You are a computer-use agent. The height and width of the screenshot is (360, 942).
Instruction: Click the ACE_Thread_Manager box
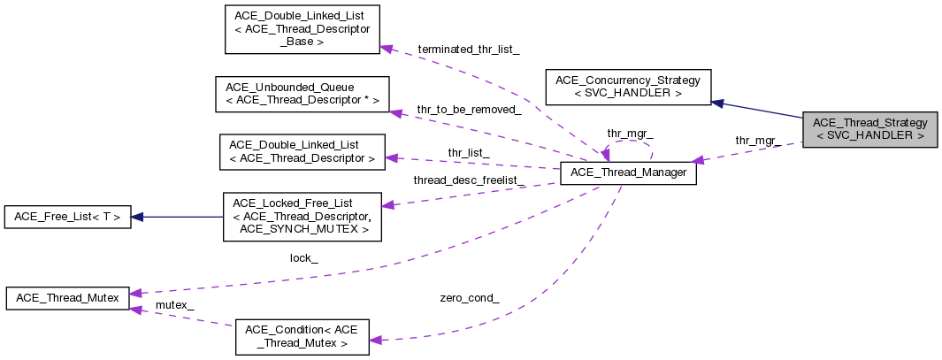click(x=629, y=172)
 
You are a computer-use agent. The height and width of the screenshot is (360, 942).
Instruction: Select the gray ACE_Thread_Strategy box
click(x=869, y=129)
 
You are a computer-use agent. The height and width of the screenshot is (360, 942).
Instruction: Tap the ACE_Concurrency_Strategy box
click(x=628, y=87)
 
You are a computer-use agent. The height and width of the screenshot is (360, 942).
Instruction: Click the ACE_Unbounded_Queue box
click(x=302, y=94)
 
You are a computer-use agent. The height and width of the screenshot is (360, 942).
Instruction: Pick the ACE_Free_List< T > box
click(x=67, y=216)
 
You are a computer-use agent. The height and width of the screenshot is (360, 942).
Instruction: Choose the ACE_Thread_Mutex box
click(x=67, y=298)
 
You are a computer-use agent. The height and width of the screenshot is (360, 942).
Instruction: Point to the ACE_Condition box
click(x=302, y=336)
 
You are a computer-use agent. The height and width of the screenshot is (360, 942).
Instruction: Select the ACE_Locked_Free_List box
click(x=302, y=217)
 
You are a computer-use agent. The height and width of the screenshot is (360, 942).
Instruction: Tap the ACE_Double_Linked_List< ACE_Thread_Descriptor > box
click(x=302, y=151)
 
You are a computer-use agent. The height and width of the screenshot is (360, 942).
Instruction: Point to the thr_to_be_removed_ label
click(x=469, y=110)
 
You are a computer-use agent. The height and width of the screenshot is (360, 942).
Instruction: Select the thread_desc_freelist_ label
click(x=469, y=180)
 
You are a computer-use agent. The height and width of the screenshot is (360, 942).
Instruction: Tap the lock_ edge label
click(x=303, y=258)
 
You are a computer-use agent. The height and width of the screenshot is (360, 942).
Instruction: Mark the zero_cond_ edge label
click(x=469, y=298)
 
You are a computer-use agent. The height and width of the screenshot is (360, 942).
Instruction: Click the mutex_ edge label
click(x=174, y=304)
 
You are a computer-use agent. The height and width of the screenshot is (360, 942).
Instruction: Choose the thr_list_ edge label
click(x=468, y=152)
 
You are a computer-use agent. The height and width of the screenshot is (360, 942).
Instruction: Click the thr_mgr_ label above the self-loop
click(x=630, y=134)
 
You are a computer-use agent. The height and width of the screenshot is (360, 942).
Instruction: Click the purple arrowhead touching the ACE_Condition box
click(x=375, y=340)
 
